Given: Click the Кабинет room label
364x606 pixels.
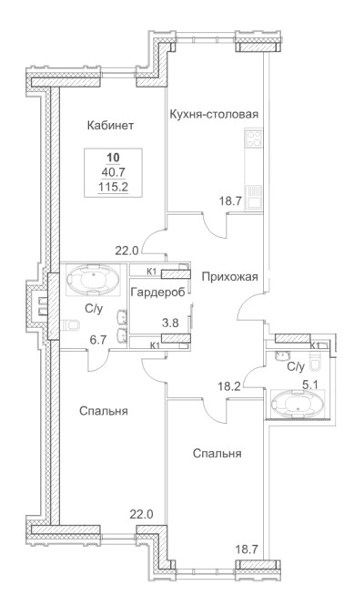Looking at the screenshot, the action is pos(110,126).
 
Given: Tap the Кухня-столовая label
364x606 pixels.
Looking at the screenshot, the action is pos(214,115).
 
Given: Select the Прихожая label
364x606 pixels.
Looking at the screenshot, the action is pos(229,277).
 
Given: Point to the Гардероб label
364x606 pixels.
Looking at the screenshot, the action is pos(157,292).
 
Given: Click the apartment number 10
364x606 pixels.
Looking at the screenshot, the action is pos(113,158).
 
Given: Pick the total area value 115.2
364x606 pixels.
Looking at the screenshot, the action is pos(113,188).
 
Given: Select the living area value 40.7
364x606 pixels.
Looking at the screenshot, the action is pos(113,172).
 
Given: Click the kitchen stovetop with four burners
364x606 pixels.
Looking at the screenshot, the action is pos(255,139).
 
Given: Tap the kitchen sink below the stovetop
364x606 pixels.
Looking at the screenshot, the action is pos(255,197).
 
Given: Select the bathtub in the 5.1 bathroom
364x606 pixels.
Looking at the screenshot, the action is pos(298,404).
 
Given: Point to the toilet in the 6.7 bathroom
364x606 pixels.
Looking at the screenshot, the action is pos(70,325).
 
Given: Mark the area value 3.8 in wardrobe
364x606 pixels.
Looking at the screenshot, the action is pos(170,323).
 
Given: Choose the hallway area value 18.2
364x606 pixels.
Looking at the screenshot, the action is pos(229,385).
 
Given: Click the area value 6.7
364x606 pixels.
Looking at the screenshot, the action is pos(96,340).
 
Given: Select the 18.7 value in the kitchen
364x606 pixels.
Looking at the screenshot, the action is pos(230,200).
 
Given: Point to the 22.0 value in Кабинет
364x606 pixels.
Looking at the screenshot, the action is pos(126,251).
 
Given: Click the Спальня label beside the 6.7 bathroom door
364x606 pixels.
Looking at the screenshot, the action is pos(104,411).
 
